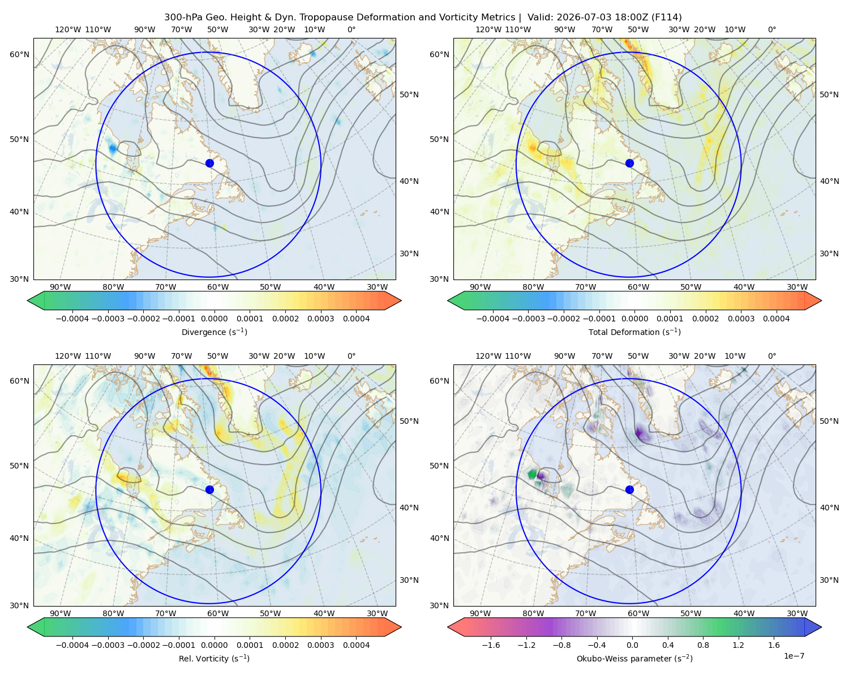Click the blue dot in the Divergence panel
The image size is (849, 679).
click(209, 164)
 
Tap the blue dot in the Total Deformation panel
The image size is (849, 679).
click(629, 164)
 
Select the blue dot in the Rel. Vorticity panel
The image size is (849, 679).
click(209, 489)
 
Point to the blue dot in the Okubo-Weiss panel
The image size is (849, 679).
click(629, 489)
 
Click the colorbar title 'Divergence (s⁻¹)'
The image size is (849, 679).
click(214, 332)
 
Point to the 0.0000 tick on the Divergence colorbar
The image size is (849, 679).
click(214, 319)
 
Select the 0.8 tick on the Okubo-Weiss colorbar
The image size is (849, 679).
click(703, 645)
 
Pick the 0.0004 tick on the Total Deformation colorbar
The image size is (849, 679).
click(776, 319)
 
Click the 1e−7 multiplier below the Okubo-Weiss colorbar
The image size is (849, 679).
click(794, 656)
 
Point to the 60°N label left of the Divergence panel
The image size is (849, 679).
click(19, 54)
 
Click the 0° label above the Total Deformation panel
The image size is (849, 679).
click(771, 29)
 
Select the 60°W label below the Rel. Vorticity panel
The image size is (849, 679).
click(218, 613)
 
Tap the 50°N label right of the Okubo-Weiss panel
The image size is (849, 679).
click(829, 421)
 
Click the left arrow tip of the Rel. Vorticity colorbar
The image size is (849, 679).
click(28, 627)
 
